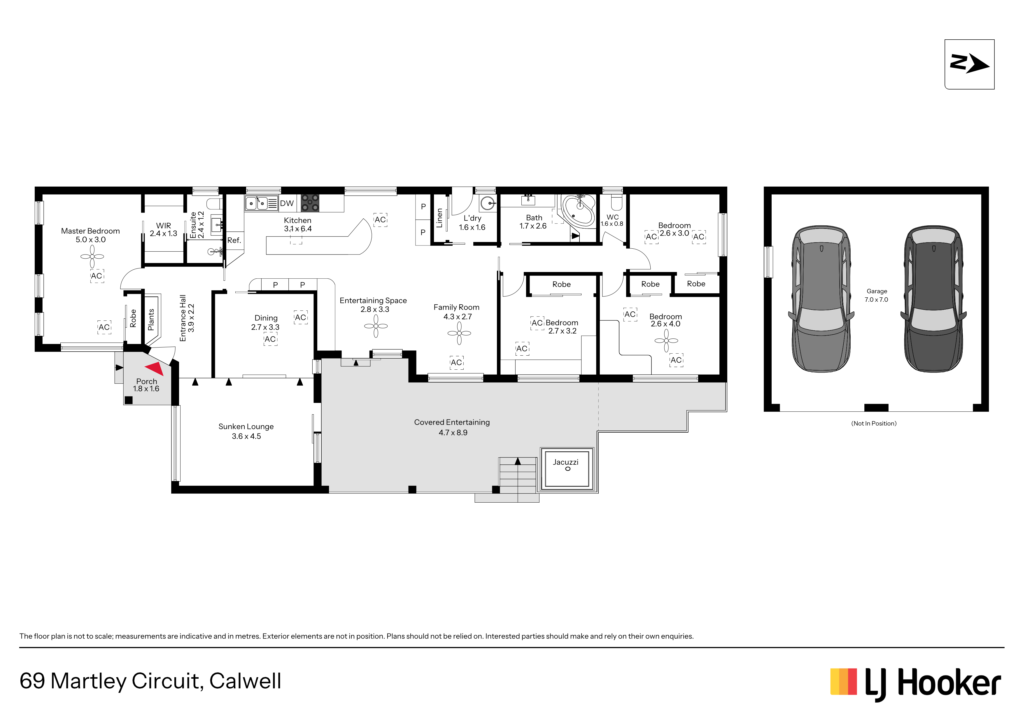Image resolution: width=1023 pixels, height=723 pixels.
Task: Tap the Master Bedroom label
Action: [x=90, y=231]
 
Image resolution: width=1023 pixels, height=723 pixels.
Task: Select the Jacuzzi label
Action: [x=565, y=462]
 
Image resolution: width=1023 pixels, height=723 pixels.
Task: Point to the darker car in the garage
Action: [x=933, y=299]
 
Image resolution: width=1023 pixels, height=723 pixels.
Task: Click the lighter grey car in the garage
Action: [x=821, y=299]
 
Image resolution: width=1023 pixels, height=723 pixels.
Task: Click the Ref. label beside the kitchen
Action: [x=234, y=240]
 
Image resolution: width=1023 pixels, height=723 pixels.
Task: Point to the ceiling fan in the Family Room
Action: [x=459, y=333]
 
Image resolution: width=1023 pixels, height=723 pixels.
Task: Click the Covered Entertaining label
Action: [x=452, y=422]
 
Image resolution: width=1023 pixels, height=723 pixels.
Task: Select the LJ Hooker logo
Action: [x=916, y=683]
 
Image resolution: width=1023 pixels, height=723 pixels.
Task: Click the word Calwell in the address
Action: [x=245, y=681]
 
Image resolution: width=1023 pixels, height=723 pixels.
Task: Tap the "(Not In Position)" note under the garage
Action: [x=874, y=423]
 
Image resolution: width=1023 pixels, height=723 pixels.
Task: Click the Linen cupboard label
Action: [x=439, y=218]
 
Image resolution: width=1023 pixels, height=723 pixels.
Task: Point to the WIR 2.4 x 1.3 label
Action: [x=164, y=229]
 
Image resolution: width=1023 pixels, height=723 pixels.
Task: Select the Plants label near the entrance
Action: [x=151, y=320]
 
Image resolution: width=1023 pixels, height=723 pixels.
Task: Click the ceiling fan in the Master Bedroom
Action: [x=92, y=257]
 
